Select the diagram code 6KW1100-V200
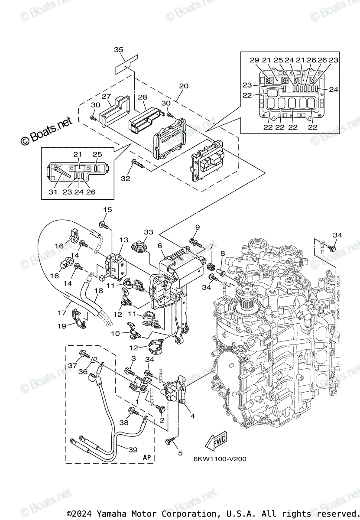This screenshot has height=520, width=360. pos(220,459)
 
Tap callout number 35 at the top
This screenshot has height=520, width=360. pos(119,50)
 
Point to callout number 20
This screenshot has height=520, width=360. pos(183,86)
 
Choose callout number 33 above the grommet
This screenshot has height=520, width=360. pos(148,232)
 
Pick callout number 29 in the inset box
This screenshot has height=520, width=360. pos(254,60)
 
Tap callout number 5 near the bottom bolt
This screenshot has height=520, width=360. pos(180,453)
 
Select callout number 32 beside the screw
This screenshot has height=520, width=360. pos(126,178)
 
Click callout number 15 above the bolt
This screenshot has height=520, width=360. pos(107,210)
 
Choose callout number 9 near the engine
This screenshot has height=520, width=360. pos(197,227)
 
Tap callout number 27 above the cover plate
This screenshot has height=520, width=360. pos(107,96)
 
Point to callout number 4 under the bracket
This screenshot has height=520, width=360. pos(192,416)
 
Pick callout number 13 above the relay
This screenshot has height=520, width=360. pos(124,240)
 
